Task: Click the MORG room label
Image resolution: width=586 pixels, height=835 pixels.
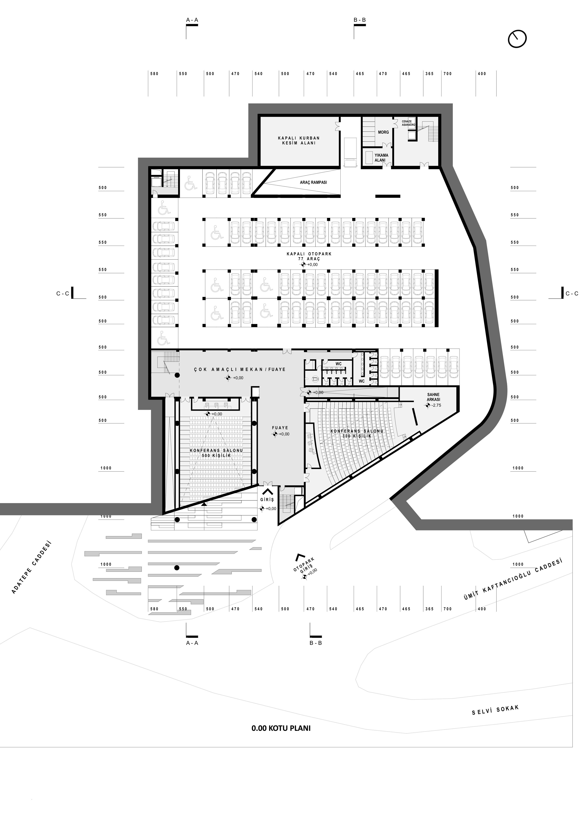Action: coord(383,132)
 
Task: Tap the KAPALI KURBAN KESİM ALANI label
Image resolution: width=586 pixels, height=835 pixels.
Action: coord(299,141)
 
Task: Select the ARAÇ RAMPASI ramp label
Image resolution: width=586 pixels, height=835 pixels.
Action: coord(313,182)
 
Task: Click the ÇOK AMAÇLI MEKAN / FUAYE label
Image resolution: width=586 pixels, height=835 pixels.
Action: coord(239,369)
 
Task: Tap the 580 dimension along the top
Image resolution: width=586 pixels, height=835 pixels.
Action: coord(155,74)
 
